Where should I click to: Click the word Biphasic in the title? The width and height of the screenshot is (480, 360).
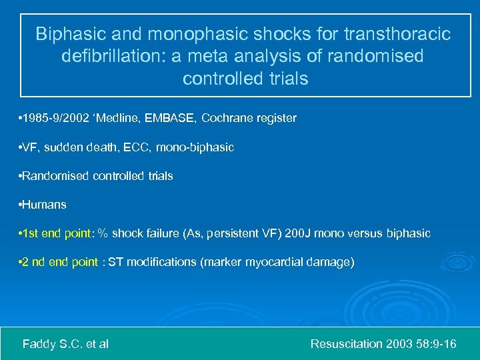[x=65, y=33]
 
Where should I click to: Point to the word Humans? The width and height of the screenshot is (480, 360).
[x=44, y=205]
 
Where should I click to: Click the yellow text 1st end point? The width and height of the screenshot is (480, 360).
[x=59, y=233]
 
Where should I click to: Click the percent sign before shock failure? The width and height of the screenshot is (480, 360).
[x=103, y=233]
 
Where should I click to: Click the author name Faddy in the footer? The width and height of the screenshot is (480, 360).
[x=39, y=344]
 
